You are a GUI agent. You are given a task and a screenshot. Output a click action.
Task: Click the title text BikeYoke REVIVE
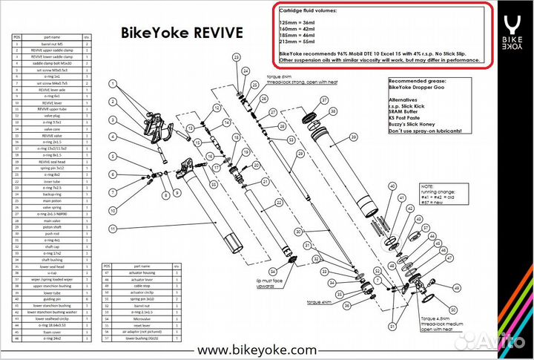coord(182,33)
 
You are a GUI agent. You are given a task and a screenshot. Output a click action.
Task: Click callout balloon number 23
coord(237,57)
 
